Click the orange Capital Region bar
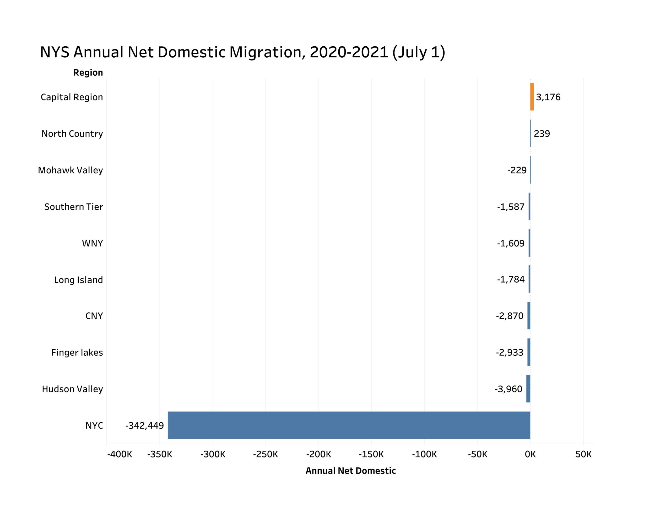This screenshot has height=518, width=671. pos(532,97)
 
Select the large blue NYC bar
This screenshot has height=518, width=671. pos(349,425)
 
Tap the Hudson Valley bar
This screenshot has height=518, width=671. pos(528,388)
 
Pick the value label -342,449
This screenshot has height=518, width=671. pos(144,425)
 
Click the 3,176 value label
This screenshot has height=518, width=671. pos(548,97)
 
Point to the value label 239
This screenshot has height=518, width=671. pos(542,134)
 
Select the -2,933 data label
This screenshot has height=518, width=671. pos(509,352)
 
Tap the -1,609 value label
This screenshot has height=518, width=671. pos(511,243)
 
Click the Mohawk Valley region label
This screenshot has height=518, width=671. pos(70,170)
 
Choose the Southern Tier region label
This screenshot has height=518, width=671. pos(73,207)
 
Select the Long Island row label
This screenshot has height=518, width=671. pos(78,280)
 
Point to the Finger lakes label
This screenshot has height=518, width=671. pos(77,352)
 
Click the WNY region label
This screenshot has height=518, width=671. pos(92,243)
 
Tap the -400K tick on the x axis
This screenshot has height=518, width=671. pos(120,454)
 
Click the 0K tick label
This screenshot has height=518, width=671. pos(530,454)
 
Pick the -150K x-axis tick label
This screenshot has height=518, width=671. pos(371,454)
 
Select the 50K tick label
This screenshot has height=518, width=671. pos(583,454)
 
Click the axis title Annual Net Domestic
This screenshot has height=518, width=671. pos(350,471)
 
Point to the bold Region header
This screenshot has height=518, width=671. pos(88,73)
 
